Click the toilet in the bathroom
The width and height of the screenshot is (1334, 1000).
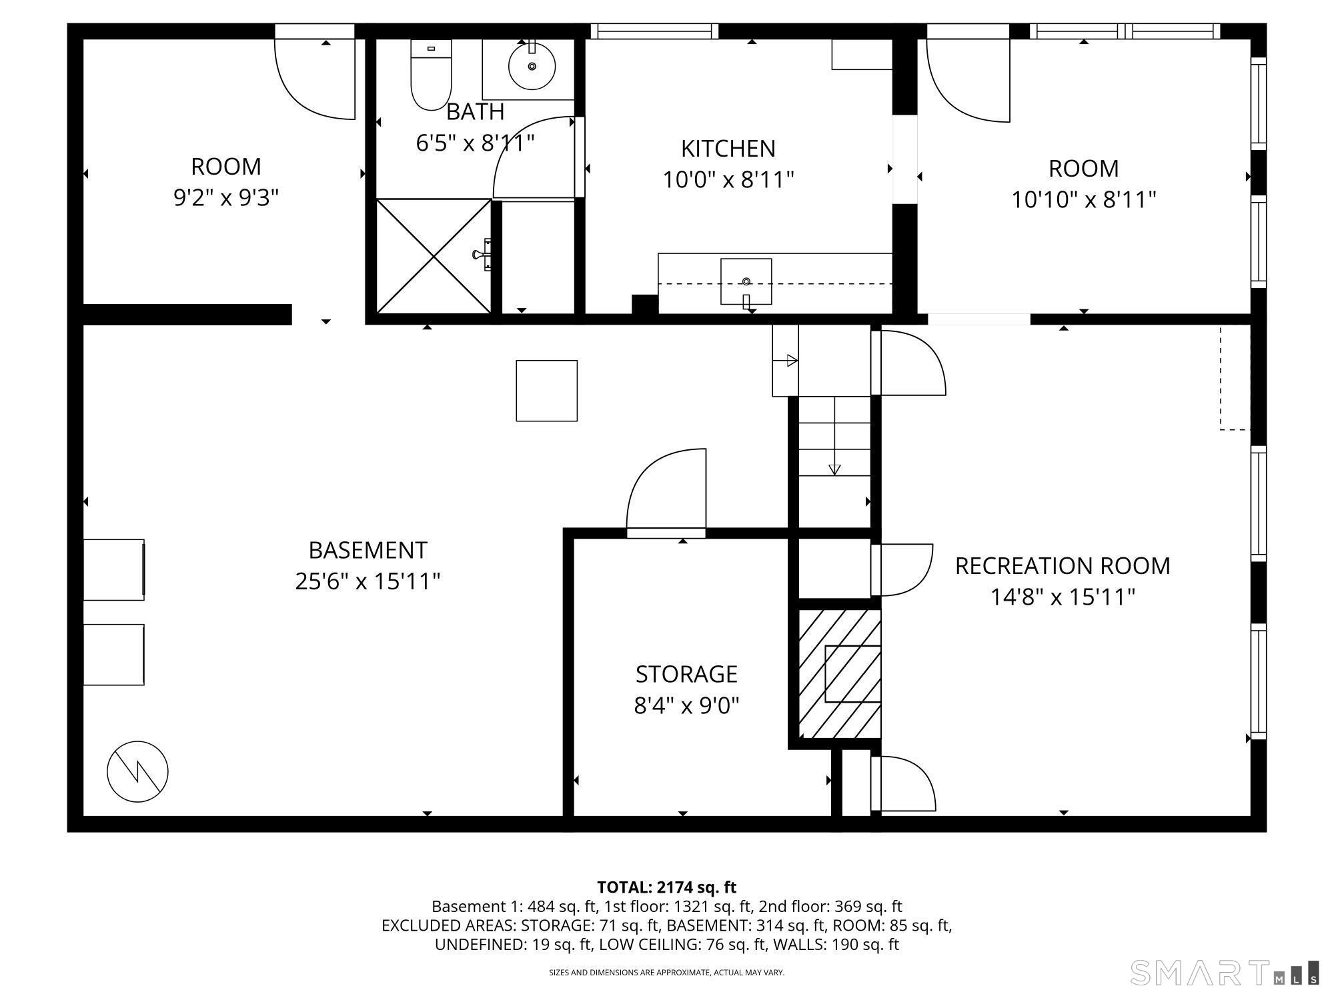(x=431, y=75)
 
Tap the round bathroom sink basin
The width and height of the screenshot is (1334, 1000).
(x=532, y=66)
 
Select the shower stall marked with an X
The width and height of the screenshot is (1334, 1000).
(x=434, y=256)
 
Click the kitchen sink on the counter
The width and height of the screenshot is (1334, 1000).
(x=746, y=281)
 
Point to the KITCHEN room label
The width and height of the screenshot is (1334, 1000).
(x=728, y=149)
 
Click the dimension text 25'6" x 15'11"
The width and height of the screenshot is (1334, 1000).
(x=368, y=581)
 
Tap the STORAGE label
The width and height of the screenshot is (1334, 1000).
(x=686, y=674)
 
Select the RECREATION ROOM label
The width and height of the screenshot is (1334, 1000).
(x=1063, y=566)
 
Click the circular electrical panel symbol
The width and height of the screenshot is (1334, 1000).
(x=137, y=771)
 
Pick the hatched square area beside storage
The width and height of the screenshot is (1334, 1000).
(x=839, y=673)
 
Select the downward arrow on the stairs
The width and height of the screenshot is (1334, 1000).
(x=834, y=469)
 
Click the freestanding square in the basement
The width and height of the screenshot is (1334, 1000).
(x=546, y=391)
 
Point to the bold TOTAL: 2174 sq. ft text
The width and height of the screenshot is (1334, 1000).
(x=666, y=887)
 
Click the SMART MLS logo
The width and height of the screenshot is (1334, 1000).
(x=1224, y=973)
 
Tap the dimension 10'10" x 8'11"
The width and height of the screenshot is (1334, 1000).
(x=1083, y=200)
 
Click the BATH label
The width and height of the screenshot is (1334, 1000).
(x=475, y=112)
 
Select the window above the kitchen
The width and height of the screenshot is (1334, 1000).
(x=654, y=31)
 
